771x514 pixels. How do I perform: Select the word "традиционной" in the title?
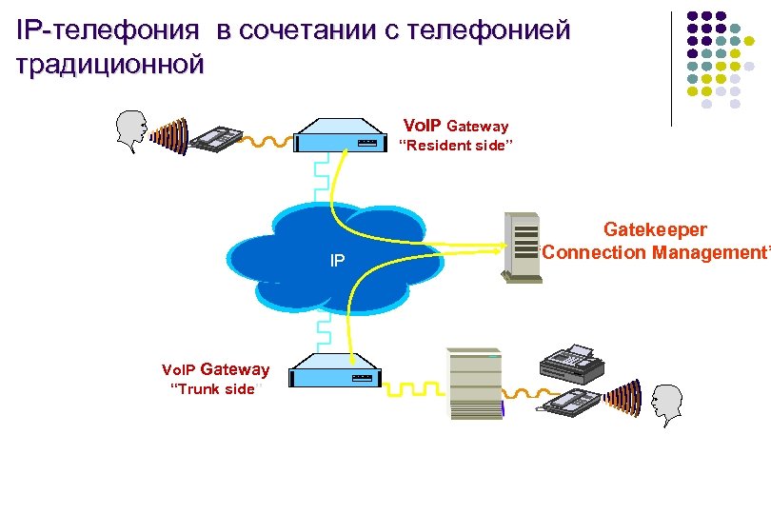109,65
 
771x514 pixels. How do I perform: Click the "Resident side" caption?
454,146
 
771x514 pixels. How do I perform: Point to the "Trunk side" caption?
211,389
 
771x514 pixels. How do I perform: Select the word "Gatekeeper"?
655,230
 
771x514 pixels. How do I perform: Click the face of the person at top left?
132,130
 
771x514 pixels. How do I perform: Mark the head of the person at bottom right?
668,404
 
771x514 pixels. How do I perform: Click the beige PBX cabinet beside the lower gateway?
475,384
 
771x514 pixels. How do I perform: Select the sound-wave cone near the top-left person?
170,132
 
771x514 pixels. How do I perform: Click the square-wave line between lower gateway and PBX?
413,391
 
